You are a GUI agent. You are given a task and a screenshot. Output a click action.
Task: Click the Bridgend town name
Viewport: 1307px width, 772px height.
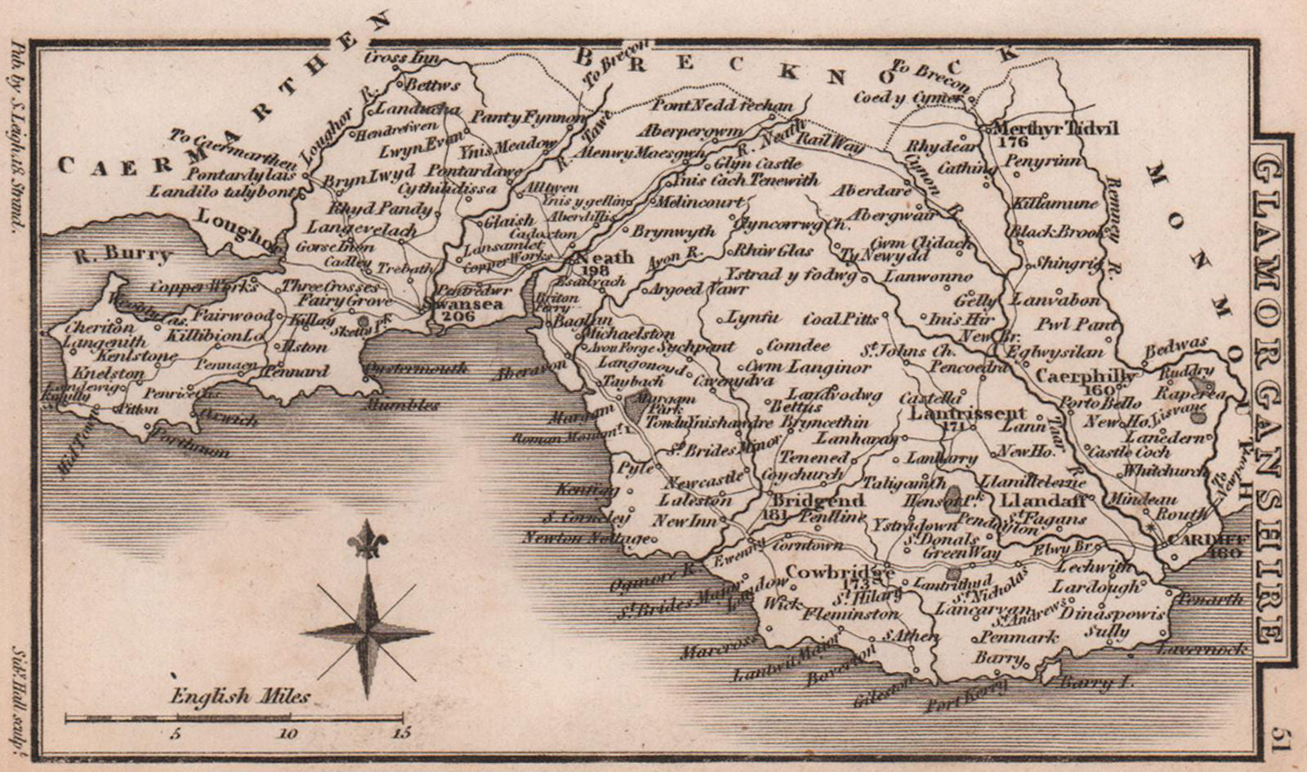[x=807, y=499]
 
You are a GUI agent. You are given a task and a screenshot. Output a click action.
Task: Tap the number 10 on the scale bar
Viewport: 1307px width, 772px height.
[x=287, y=733]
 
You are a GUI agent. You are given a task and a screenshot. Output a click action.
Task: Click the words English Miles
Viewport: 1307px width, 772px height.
[x=240, y=696]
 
